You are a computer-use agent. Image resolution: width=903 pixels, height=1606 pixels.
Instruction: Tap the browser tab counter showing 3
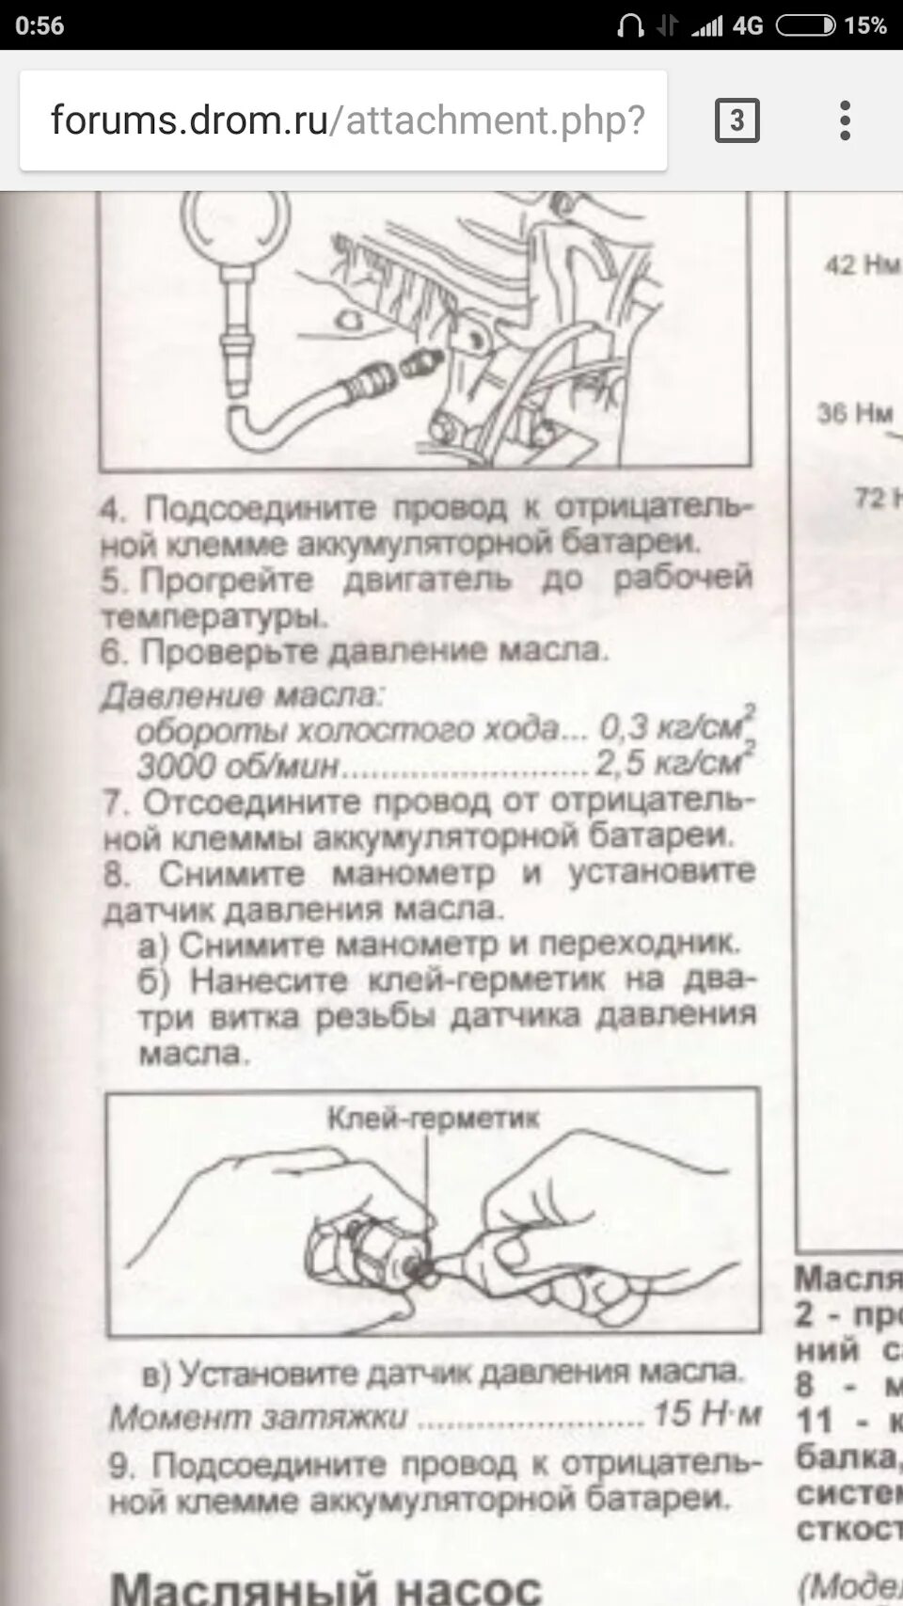737,120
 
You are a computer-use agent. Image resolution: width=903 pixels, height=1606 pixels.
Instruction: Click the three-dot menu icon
845,120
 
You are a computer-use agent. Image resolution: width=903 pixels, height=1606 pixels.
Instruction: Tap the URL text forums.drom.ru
188,120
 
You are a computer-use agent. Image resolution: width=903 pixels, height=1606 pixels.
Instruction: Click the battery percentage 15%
864,25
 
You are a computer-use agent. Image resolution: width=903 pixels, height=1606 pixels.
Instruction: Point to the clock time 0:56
40,25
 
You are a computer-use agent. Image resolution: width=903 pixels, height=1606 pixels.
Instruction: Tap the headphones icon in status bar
629,25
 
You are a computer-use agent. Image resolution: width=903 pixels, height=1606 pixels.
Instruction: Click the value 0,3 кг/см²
675,726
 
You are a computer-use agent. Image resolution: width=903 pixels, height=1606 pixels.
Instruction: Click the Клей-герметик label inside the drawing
433,1118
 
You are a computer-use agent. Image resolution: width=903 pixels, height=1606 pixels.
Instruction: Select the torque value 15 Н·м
706,1413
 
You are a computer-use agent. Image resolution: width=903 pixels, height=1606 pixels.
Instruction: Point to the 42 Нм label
861,265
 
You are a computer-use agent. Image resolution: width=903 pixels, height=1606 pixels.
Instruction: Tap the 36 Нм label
853,412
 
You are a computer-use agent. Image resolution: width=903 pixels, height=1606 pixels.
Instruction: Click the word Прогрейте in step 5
226,580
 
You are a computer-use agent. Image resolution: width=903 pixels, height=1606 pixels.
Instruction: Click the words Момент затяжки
258,1417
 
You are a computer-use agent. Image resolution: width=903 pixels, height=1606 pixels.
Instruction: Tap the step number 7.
115,803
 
